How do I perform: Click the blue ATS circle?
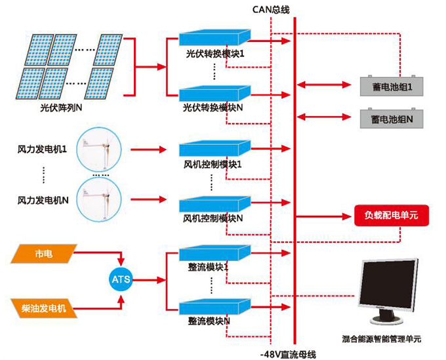[x=121, y=280]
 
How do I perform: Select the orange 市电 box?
[x=44, y=254]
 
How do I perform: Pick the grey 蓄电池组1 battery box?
[x=392, y=86]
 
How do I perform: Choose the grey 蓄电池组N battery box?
[x=392, y=119]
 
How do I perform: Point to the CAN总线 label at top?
[x=270, y=9]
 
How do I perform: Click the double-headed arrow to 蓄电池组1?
[x=325, y=84]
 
